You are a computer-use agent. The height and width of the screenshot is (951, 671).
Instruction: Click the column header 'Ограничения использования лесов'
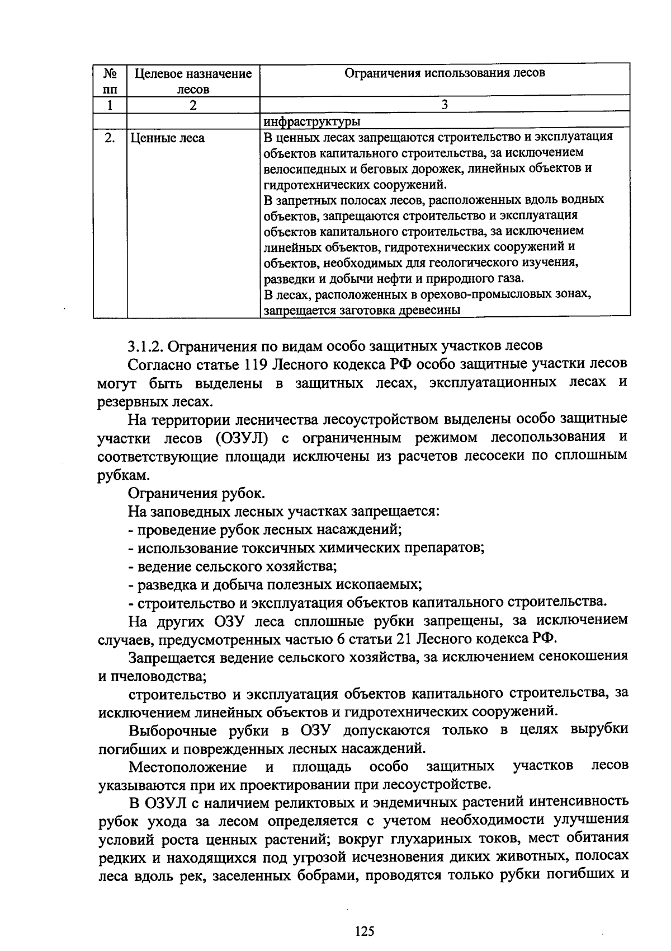445,73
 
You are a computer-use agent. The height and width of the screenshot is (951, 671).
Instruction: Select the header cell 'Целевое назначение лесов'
193,81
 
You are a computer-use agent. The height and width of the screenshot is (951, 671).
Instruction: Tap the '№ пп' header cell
110,81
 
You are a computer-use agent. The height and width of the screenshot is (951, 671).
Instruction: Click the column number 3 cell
445,104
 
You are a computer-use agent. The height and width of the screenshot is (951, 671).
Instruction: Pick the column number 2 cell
193,105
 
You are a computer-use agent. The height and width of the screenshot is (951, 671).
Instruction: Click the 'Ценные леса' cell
168,138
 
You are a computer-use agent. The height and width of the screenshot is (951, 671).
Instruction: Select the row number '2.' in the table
110,138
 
